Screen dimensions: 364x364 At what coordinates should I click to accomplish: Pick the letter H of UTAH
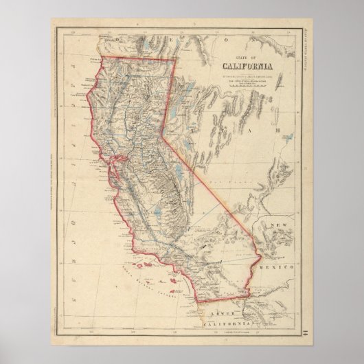click(278, 130)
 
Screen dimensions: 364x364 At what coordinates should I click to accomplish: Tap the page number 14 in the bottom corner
click(304, 331)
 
